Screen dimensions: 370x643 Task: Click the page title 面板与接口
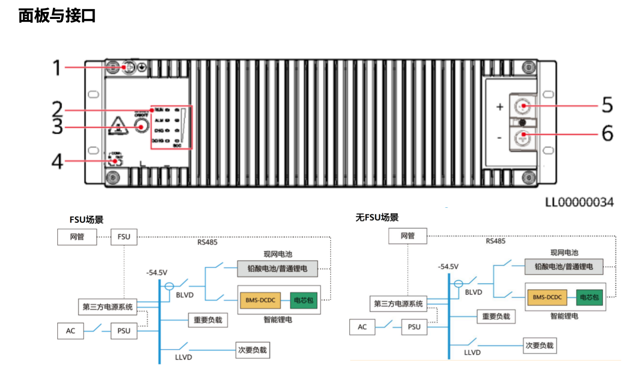point(57,16)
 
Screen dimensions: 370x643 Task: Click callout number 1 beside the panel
point(57,68)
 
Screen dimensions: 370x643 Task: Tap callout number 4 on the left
point(57,161)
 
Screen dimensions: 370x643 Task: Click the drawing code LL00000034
point(579,202)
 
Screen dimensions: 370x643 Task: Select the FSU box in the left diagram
point(124,237)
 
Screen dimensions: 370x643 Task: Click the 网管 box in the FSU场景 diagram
point(77,237)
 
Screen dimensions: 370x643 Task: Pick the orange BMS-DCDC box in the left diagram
point(261,300)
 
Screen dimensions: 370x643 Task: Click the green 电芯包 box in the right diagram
point(589,297)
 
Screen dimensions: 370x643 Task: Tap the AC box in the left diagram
point(70,331)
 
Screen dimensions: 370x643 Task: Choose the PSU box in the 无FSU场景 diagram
point(414,327)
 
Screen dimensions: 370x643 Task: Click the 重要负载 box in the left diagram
point(208,320)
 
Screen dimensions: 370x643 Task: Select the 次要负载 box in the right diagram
point(539,345)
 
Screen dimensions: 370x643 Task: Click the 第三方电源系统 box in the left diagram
point(108,307)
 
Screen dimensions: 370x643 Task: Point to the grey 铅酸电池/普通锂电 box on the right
point(564,266)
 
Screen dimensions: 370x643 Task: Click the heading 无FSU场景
point(377,218)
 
